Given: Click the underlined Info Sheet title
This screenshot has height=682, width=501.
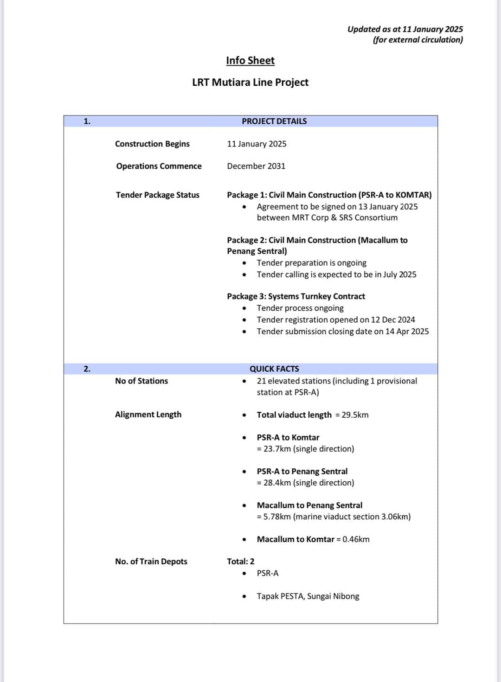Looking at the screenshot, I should [x=250, y=60].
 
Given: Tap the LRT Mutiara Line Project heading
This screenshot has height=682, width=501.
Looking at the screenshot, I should [x=250, y=82].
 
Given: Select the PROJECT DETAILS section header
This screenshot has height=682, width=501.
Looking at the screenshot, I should [x=274, y=121].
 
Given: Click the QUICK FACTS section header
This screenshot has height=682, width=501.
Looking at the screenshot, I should [x=274, y=369].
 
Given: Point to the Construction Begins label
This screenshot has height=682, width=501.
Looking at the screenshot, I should [x=152, y=144].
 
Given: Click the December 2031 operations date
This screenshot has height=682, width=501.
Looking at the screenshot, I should [x=256, y=166].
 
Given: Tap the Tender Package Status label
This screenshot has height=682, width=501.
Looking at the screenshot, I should [x=158, y=195].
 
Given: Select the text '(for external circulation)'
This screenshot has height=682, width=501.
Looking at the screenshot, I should [x=417, y=40].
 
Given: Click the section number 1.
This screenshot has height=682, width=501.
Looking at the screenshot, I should [x=87, y=121].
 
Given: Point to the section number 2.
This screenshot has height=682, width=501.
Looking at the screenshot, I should [x=87, y=369].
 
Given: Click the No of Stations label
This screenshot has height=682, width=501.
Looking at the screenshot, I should [x=141, y=381].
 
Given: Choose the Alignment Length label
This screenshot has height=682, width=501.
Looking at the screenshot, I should [x=148, y=414].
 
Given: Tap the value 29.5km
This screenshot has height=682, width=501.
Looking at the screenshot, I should [x=355, y=414].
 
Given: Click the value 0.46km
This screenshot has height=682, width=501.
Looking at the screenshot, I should [x=356, y=539].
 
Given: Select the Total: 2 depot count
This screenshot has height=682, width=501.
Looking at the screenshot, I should [x=240, y=561].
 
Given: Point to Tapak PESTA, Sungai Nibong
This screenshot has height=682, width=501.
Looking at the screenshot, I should [x=308, y=596].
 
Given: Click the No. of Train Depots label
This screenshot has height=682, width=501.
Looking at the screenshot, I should [x=151, y=561].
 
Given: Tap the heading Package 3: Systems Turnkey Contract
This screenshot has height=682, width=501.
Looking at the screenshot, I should [x=296, y=296].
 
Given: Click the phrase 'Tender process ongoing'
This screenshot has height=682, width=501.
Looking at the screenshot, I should [x=300, y=308].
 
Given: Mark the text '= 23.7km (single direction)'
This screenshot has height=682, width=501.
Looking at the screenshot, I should [x=305, y=449].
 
